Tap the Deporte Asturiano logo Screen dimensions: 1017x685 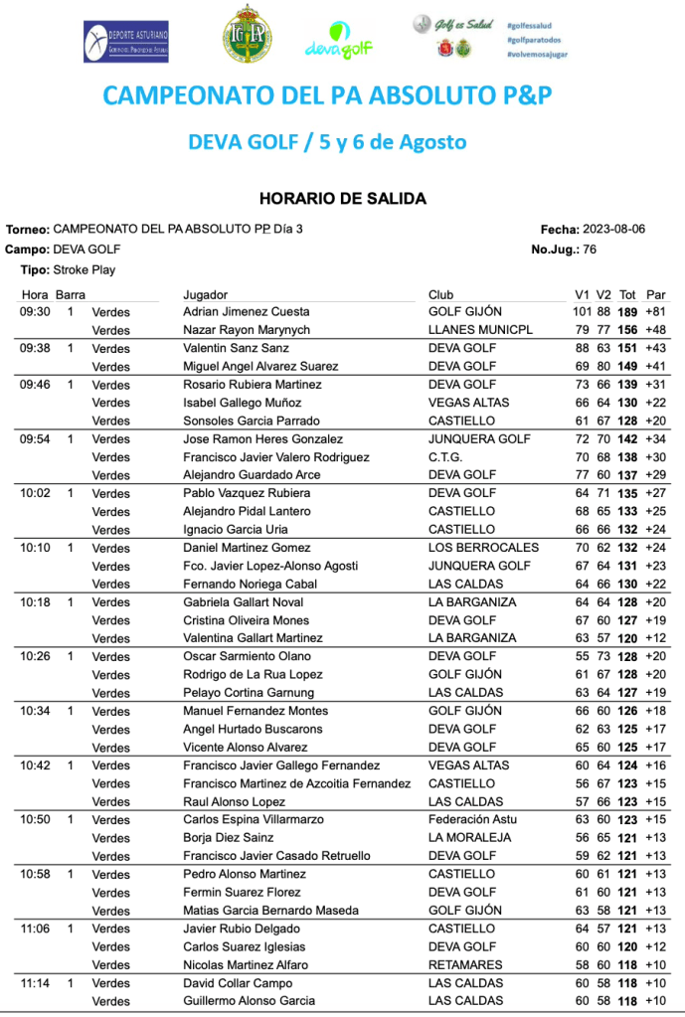tap(125, 41)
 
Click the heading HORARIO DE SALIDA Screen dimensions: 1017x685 tap(342, 199)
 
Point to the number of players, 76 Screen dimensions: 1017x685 tap(590, 250)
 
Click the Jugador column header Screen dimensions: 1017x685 tap(206, 295)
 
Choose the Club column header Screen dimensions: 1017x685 tap(440, 295)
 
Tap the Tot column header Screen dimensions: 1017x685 tap(627, 295)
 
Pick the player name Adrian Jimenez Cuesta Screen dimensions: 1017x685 tap(247, 312)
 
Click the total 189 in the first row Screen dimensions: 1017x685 tap(627, 312)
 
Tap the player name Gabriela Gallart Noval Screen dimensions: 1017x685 tap(244, 602)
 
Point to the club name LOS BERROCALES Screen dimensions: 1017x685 tap(483, 548)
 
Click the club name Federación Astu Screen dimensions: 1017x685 tap(472, 820)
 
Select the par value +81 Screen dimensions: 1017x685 tap(655, 312)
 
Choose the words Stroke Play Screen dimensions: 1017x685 tap(84, 269)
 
